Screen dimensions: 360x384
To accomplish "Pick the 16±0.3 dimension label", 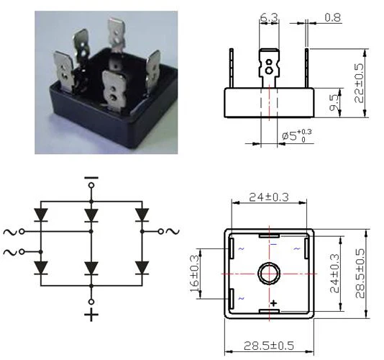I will coord(195,274).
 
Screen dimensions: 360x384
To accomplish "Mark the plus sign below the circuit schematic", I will coord(91,318).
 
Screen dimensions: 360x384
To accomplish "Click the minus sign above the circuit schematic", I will coord(91,175).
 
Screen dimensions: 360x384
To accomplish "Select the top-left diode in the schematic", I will coord(41,214).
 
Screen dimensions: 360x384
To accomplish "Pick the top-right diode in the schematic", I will coord(142,214).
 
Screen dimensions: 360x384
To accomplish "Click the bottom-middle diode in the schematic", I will coord(91,268).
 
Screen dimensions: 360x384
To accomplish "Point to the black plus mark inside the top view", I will coord(273,305).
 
